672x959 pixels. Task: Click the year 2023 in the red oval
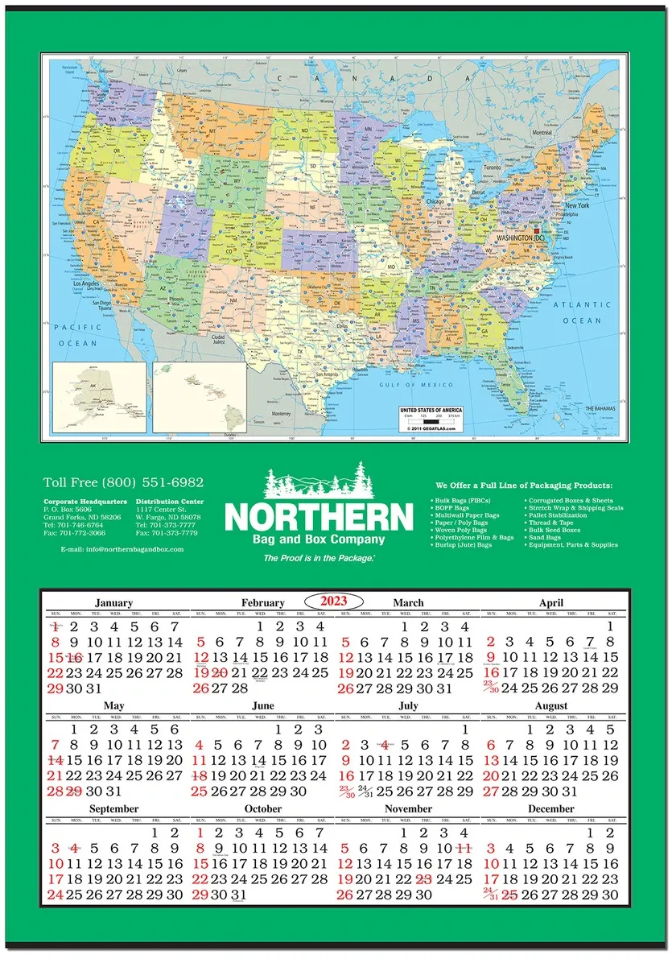[x=333, y=601]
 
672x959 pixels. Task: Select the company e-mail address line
[x=122, y=549]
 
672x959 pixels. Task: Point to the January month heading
[x=113, y=602]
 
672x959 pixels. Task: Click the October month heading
[x=263, y=808]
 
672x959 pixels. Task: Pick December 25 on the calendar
[x=509, y=895]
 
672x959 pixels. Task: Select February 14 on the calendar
[x=240, y=657]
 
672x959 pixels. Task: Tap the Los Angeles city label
[x=89, y=283]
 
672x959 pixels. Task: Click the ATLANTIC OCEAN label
[x=582, y=312]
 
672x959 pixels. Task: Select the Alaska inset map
[x=100, y=397]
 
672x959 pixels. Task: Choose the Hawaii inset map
[x=200, y=397]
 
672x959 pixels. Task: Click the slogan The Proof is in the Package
[x=319, y=558]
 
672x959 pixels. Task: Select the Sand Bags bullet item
[x=544, y=537]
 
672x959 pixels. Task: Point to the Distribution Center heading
[x=170, y=502]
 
